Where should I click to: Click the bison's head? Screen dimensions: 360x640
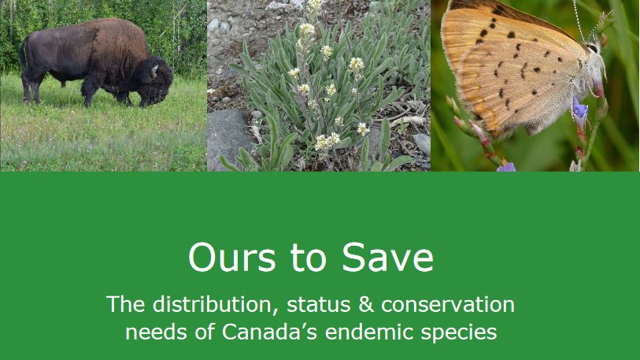(x=157, y=82)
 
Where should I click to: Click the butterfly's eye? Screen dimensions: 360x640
(x=592, y=48)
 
